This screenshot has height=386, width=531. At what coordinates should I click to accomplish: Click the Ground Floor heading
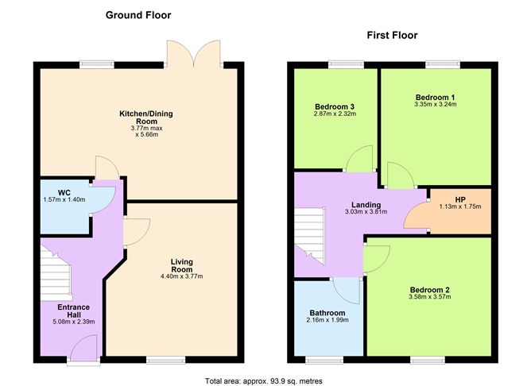(x=138, y=15)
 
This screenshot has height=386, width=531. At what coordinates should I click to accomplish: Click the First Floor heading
(x=392, y=35)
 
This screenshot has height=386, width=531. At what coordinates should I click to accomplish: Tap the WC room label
(x=64, y=193)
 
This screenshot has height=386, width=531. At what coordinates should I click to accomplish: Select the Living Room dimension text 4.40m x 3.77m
(x=182, y=276)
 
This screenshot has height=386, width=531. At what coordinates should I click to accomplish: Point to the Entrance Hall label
(x=74, y=311)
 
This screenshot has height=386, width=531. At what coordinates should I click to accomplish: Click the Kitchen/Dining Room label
(x=146, y=117)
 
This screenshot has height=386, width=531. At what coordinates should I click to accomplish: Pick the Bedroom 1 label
(x=435, y=98)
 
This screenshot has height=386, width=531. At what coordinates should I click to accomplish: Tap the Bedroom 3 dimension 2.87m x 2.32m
(x=335, y=114)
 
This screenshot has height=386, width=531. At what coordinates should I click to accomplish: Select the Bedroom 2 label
(x=430, y=290)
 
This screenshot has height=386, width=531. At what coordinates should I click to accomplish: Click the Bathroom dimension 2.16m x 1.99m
(x=328, y=320)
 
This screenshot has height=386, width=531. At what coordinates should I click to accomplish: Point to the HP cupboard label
(x=460, y=199)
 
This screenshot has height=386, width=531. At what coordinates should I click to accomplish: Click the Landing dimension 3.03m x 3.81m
(x=366, y=212)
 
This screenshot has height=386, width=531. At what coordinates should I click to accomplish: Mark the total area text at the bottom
(x=264, y=381)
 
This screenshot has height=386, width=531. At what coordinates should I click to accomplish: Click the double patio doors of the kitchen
(x=194, y=53)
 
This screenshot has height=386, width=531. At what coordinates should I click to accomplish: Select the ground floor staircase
(x=56, y=274)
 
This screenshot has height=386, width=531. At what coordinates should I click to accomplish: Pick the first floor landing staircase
(x=309, y=235)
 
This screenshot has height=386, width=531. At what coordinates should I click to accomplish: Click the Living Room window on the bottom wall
(x=166, y=361)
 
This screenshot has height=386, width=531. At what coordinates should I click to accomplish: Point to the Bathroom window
(x=324, y=361)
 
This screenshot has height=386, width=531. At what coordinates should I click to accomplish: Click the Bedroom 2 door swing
(x=378, y=259)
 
